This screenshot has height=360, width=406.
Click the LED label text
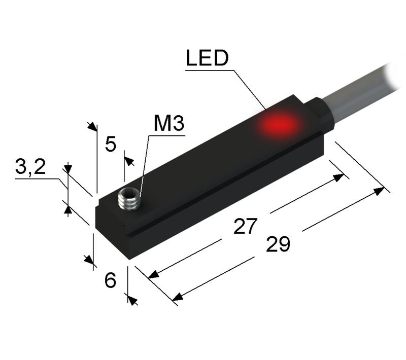click(208, 58)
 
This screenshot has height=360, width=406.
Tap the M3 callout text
click(169, 124)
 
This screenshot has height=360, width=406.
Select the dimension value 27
click(246, 226)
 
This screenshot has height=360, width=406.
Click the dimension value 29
click(278, 244)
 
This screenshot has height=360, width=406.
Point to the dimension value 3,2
click(30, 167)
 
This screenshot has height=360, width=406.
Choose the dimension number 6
click(110, 280)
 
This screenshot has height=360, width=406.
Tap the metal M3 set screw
click(129, 199)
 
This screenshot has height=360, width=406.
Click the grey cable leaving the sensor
click(362, 91)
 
